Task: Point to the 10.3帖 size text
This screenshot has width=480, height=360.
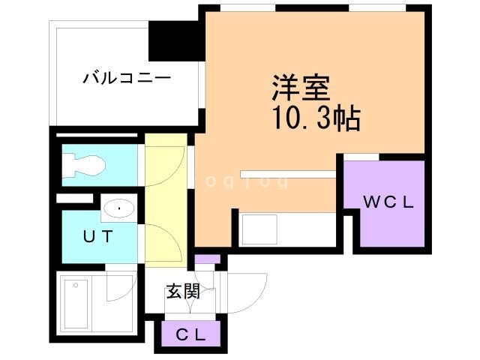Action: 307,118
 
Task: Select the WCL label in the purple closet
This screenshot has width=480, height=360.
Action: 385,202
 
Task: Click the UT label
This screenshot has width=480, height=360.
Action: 97,237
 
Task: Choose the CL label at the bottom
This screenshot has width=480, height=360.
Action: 190,336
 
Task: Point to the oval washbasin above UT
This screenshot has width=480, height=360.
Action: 118,208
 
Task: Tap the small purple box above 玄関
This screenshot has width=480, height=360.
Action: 208,259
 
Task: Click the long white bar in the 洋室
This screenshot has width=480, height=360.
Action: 288,174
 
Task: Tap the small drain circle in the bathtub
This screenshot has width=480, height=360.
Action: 75,286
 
